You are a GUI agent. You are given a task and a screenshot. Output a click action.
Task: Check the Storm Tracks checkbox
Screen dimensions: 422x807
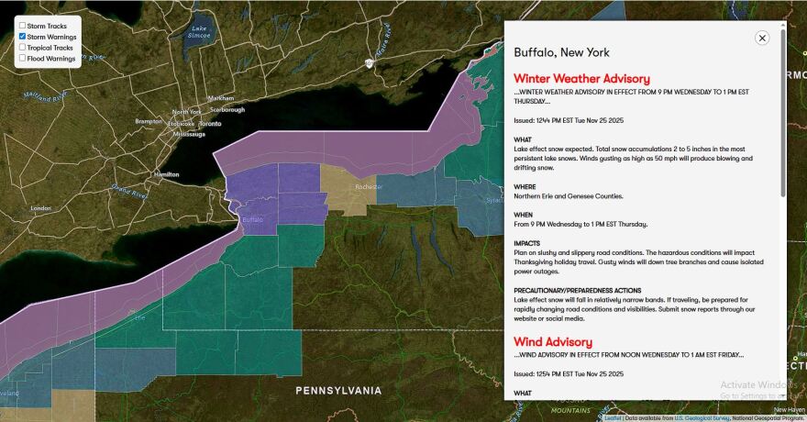(x=22, y=26)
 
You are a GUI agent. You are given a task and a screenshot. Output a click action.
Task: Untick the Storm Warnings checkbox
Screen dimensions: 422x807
(x=22, y=37)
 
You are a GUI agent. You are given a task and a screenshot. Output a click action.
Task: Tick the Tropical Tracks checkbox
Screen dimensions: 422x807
(x=22, y=47)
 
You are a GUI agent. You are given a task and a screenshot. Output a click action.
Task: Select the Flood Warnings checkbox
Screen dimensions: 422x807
(x=22, y=58)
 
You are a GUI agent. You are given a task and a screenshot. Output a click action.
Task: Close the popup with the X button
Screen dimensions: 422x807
(x=761, y=38)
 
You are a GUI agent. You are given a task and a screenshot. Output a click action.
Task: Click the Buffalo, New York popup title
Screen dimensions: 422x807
(x=561, y=52)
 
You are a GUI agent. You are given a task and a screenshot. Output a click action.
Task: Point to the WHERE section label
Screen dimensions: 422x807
(x=525, y=186)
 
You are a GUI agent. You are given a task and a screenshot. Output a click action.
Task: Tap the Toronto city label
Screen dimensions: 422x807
(x=210, y=123)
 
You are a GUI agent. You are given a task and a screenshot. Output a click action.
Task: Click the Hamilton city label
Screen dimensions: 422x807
(x=167, y=173)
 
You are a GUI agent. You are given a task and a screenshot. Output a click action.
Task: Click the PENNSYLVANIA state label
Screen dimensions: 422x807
(x=337, y=391)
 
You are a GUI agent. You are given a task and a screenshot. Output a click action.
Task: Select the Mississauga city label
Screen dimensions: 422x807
(x=189, y=134)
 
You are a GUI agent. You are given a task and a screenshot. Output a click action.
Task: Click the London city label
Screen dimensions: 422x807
(x=41, y=208)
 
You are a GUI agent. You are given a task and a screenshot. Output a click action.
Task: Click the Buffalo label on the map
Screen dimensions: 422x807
(x=251, y=219)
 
